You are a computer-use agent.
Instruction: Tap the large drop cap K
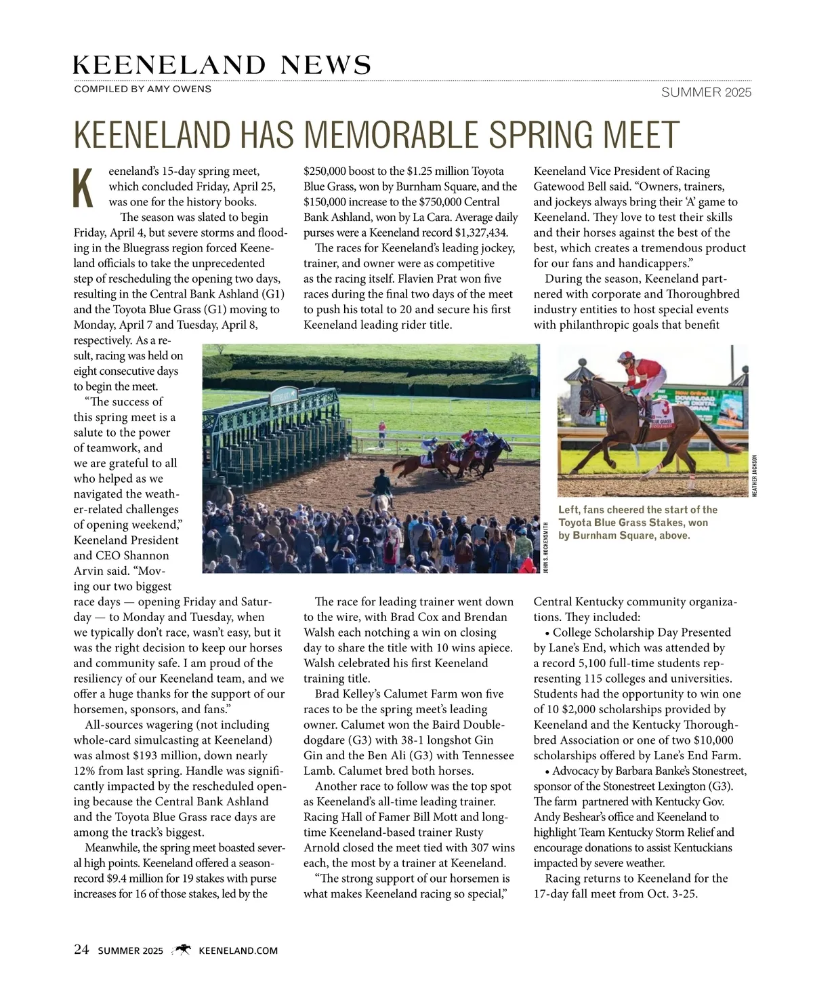click(x=83, y=187)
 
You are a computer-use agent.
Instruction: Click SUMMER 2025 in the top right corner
click(x=706, y=93)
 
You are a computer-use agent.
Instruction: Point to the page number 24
click(x=81, y=950)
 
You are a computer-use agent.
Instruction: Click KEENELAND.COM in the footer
click(x=238, y=950)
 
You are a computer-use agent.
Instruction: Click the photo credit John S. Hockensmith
click(x=545, y=546)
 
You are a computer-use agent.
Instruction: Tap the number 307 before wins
click(x=476, y=847)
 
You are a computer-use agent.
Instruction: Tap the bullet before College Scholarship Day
click(x=547, y=633)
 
